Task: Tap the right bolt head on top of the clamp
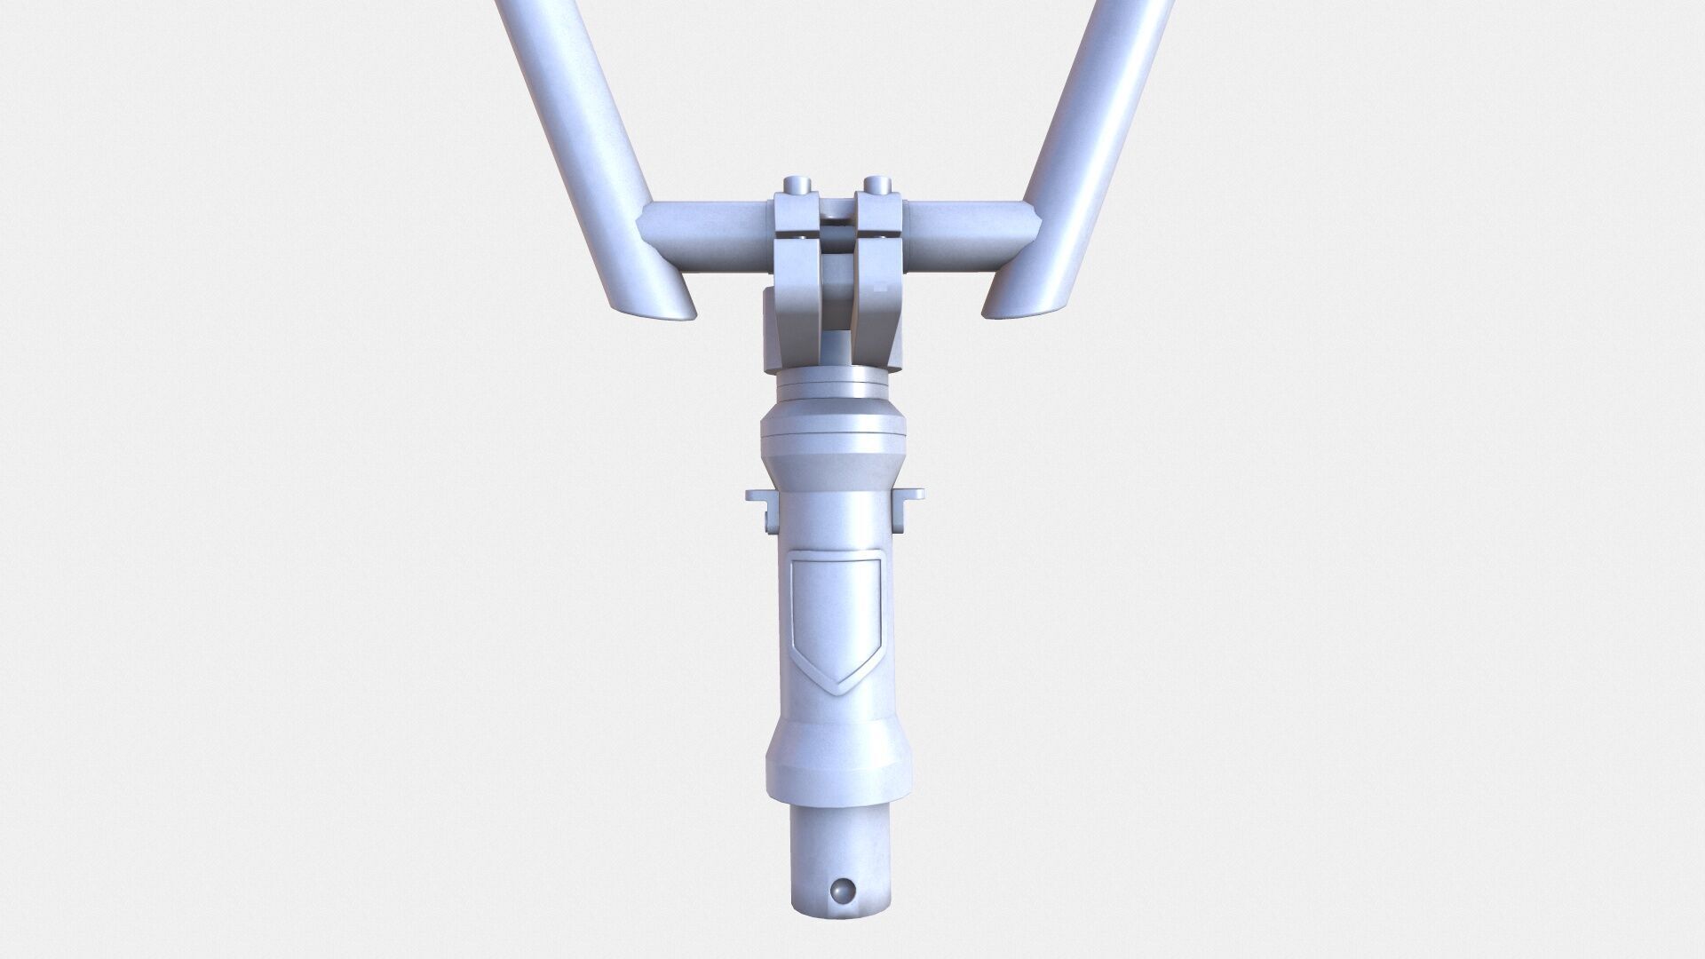(x=876, y=184)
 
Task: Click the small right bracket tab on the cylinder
(x=910, y=506)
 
